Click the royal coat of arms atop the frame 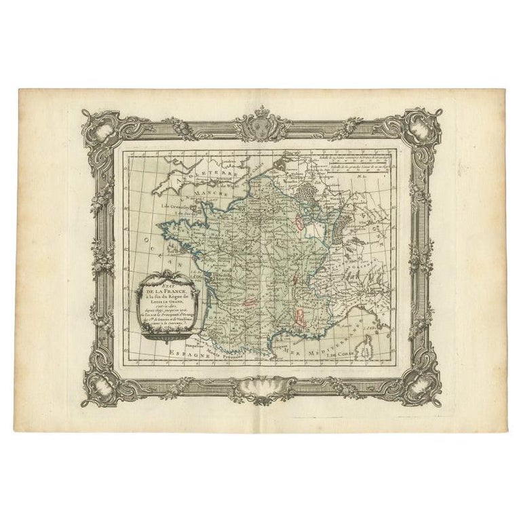pyautogui.click(x=260, y=125)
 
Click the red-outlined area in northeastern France pyautogui.click(x=299, y=223)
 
